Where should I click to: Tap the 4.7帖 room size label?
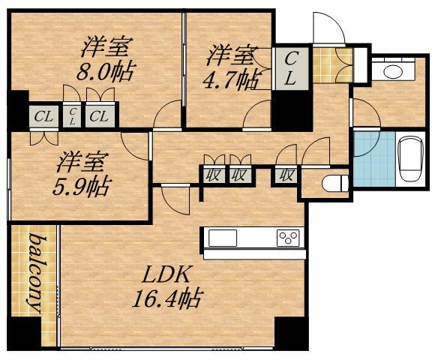pos(229,79)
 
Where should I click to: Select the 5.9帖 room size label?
pos(82,187)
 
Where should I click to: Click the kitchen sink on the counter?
pos(223,238)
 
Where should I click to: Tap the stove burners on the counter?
pos(288,238)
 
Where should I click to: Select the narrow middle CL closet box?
pos(72,115)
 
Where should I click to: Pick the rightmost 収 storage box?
pos(286,175)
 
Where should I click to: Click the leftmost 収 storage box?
pos(212,175)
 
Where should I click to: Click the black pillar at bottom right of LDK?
pos(291,333)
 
